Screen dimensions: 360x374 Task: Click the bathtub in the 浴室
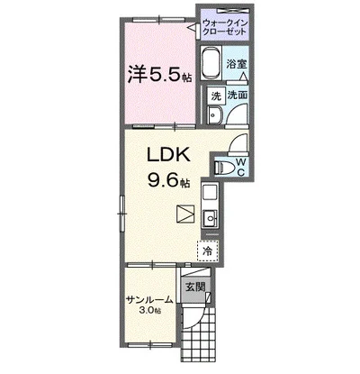click(x=211, y=63)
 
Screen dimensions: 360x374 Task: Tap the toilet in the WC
click(x=221, y=168)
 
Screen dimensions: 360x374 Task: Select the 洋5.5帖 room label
click(x=160, y=75)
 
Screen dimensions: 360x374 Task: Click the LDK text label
click(x=168, y=155)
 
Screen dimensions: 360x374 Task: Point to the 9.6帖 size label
click(x=168, y=180)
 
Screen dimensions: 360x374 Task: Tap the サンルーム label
click(x=149, y=300)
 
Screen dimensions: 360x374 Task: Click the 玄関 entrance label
click(x=195, y=287)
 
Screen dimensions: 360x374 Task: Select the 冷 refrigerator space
click(x=208, y=251)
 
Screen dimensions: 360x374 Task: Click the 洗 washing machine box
click(x=215, y=96)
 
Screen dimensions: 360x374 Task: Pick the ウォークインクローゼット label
click(x=225, y=27)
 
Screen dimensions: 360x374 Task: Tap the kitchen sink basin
click(x=210, y=217)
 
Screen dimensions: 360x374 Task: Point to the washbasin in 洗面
click(x=215, y=114)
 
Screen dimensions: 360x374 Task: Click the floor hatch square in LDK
click(x=185, y=214)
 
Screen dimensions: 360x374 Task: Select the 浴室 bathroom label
click(x=237, y=64)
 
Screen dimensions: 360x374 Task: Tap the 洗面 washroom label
click(x=237, y=95)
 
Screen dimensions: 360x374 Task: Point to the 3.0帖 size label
click(x=149, y=310)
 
